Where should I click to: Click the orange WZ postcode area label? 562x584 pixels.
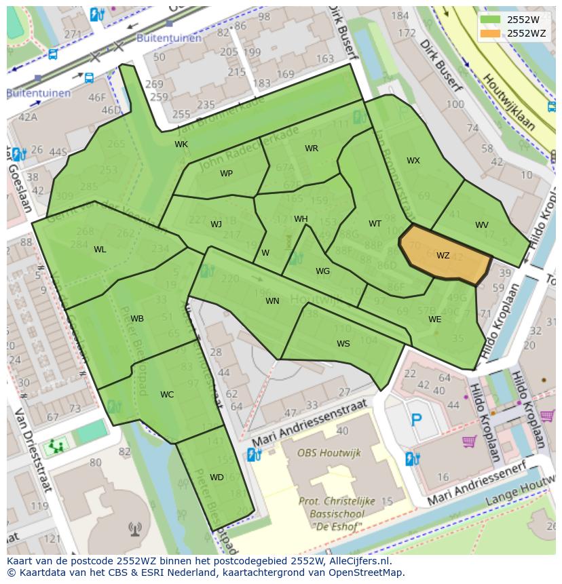[x=443, y=256]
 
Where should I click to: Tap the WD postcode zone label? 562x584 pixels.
[x=217, y=478]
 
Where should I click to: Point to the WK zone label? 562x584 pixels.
[x=181, y=144]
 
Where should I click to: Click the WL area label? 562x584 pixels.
[x=100, y=250]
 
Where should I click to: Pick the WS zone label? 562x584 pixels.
[x=343, y=344]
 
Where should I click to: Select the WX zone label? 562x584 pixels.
[x=413, y=161]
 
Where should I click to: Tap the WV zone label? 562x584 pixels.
[x=481, y=225]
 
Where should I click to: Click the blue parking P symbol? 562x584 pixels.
[x=416, y=420]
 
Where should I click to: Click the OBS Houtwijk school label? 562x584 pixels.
[x=329, y=452]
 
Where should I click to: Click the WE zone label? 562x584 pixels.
[x=434, y=319]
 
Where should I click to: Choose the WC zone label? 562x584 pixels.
[x=167, y=395]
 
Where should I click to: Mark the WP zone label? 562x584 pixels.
[x=226, y=174]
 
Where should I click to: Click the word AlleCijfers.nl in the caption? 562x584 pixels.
[x=358, y=562]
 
